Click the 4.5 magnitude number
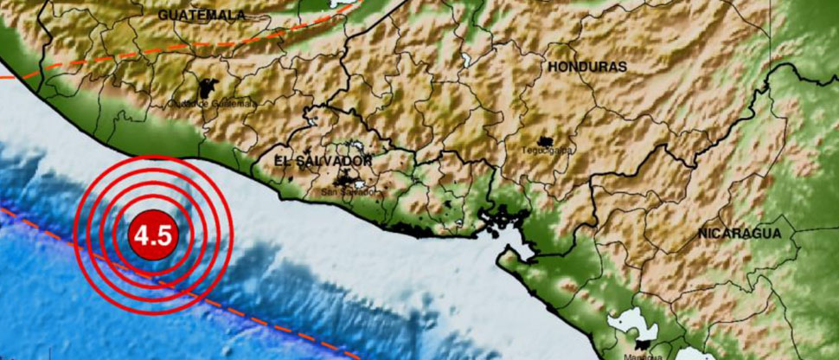pos(153,235)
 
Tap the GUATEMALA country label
pos(201,15)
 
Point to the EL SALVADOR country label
pos(323,161)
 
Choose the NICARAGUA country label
pos(740,233)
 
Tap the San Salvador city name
pos(349,191)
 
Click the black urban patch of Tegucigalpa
pos(546,141)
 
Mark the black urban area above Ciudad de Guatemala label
pos(208,88)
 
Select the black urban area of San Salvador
pos(351,180)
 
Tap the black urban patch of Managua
pos(643,344)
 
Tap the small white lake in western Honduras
pos(467,61)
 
